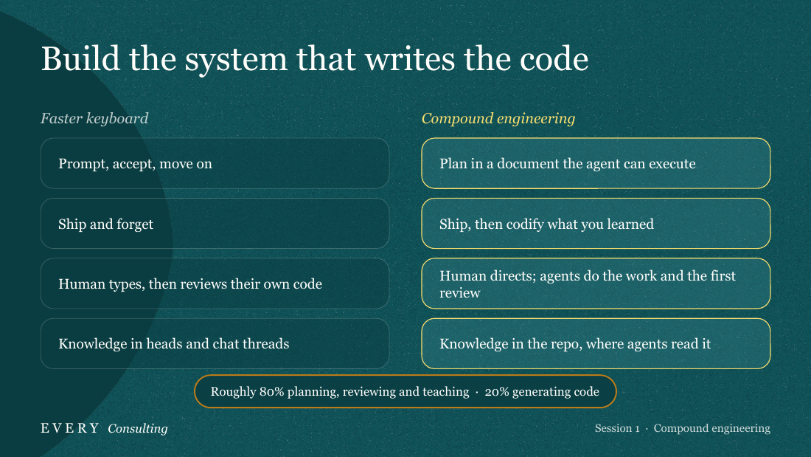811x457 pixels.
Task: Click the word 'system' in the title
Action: click(237, 60)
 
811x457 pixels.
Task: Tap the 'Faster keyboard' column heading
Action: click(94, 119)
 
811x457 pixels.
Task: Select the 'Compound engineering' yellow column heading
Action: click(498, 119)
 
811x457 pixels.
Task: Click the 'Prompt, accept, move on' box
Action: click(215, 163)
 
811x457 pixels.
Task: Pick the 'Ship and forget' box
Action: click(215, 223)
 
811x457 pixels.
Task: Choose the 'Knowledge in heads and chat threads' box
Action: click(215, 343)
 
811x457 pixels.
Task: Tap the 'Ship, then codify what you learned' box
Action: click(596, 223)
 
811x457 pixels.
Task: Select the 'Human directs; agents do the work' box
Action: click(596, 284)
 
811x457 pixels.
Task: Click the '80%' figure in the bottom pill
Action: click(272, 392)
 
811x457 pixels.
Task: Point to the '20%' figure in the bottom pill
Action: click(497, 392)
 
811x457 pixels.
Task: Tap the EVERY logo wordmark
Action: click(70, 428)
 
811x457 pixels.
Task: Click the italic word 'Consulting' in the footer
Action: click(138, 428)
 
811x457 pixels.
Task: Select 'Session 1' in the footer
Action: click(617, 428)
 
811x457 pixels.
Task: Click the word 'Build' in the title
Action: click(80, 58)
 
